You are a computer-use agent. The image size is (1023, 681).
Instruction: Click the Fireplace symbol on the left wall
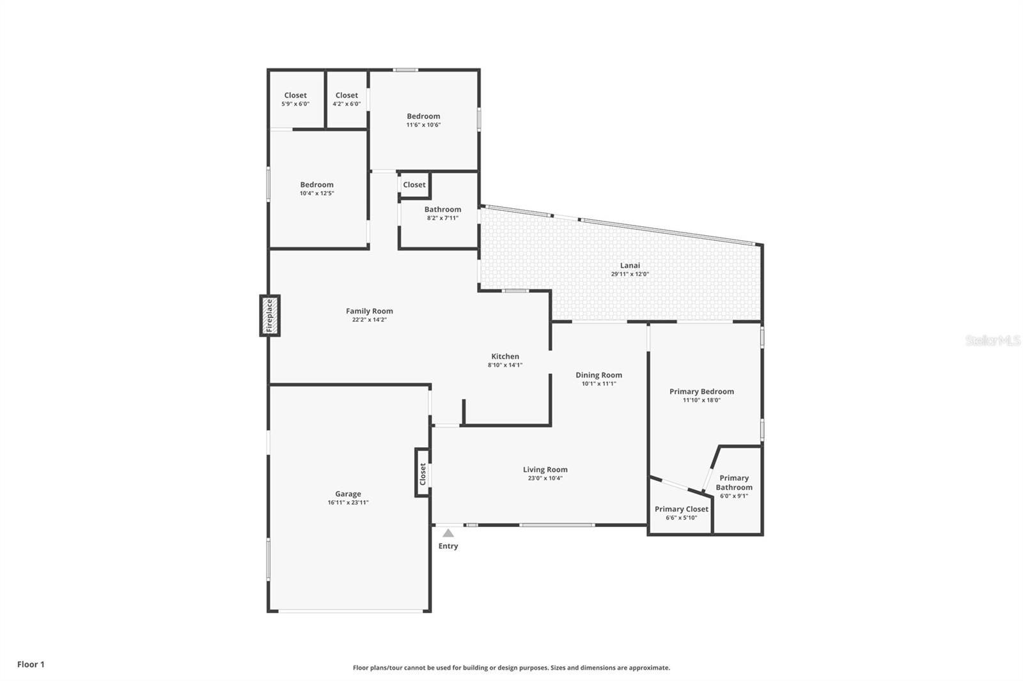pos(269,316)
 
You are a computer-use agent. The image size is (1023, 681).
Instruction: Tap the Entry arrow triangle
pos(448,533)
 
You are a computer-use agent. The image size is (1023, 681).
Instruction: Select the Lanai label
pos(630,265)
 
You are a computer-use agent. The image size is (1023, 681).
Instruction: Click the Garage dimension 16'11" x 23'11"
pos(348,503)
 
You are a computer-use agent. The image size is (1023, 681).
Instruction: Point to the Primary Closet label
pos(681,509)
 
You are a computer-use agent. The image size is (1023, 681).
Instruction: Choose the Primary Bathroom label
pos(734,482)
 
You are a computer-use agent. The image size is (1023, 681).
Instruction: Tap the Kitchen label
pos(505,356)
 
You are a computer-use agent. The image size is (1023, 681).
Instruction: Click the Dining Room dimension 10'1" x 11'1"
pos(598,384)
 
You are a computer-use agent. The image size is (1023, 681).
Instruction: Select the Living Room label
pos(545,470)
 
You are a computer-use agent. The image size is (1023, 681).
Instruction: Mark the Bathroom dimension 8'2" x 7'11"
pos(442,218)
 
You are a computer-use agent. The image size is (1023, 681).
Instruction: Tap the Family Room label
pos(369,311)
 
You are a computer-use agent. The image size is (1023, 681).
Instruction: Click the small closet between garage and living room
pos(422,473)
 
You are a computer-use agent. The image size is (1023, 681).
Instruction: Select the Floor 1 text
pos(31,664)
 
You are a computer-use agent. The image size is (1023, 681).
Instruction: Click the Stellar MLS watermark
pos(992,340)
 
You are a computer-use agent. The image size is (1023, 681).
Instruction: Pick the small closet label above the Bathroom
pos(414,185)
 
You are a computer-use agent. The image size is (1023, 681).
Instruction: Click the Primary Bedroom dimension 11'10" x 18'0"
pos(701,401)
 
